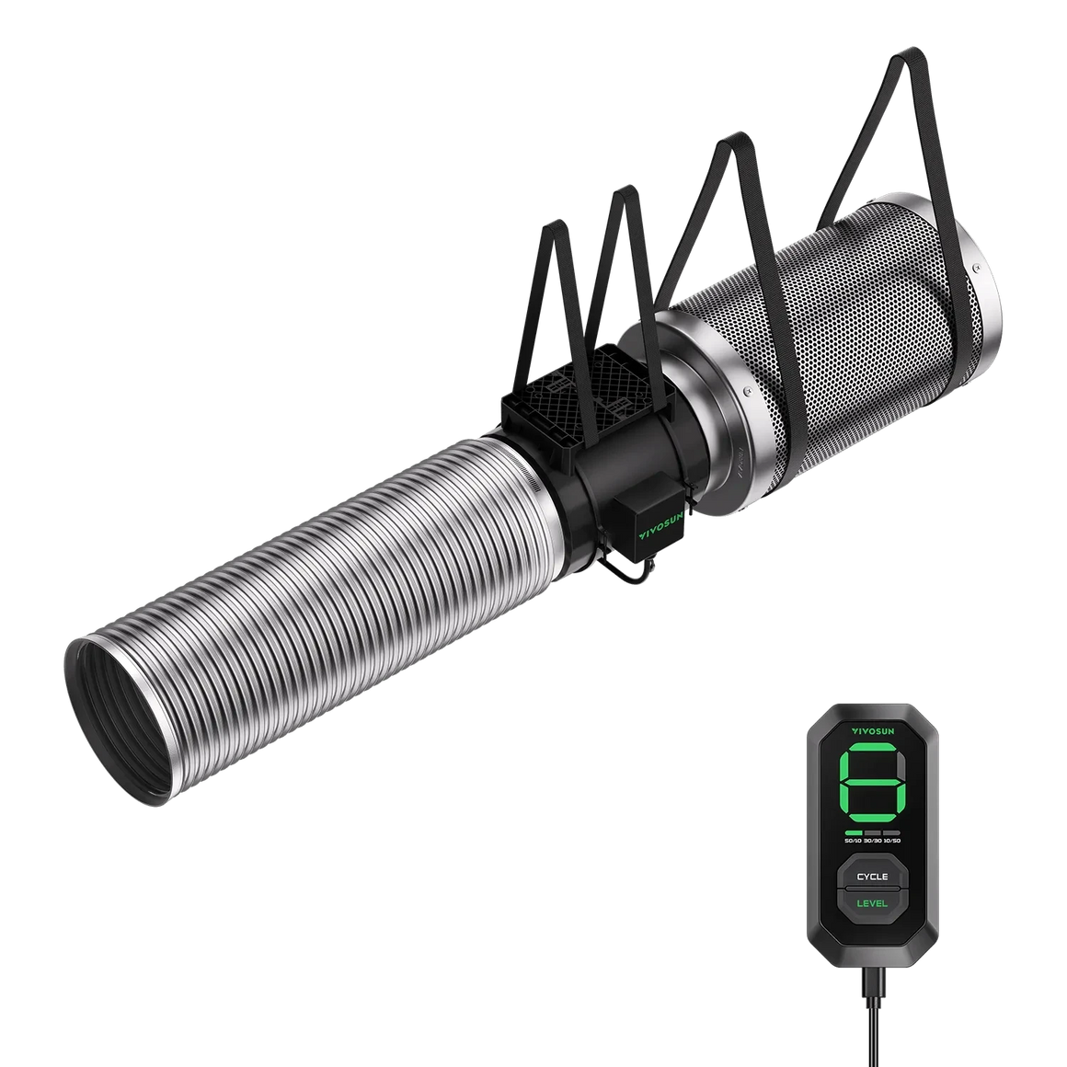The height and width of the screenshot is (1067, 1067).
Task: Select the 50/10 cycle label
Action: [853, 841]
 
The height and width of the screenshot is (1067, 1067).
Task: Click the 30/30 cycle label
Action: [872, 841]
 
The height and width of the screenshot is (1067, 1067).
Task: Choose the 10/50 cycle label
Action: [891, 841]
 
